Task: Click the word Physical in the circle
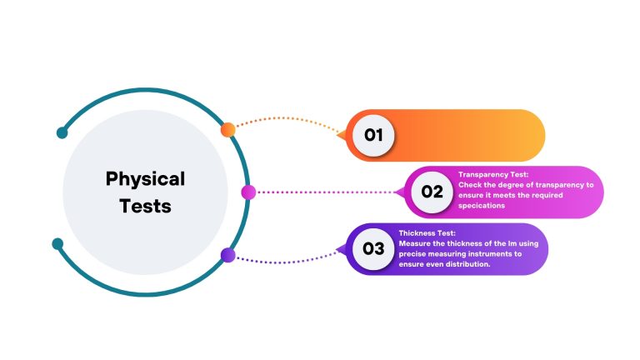coord(145,180)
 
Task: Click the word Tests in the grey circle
coord(145,206)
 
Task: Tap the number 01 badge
coord(373,135)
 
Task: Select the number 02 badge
coord(432,192)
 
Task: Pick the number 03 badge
coord(373,248)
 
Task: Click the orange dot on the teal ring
coord(227,130)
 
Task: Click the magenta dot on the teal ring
coord(248,192)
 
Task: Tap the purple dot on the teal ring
coord(227,255)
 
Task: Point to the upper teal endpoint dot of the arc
coord(62,132)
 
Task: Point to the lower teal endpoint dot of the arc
coord(58,243)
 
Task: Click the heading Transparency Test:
coord(493,175)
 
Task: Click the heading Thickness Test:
coord(427,233)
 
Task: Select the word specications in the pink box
coord(482,206)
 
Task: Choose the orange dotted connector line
coord(287,118)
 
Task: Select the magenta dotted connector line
coord(325,192)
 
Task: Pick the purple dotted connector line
coord(287,262)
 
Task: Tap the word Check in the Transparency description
coord(469,185)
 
